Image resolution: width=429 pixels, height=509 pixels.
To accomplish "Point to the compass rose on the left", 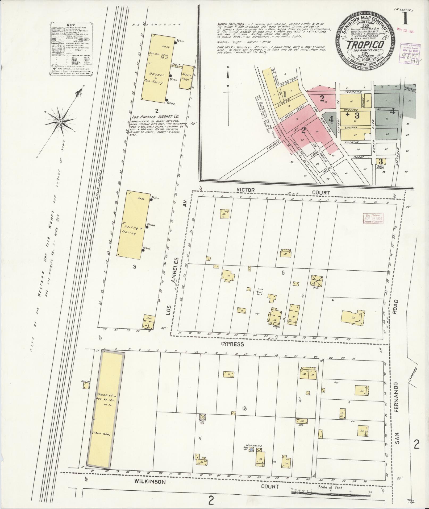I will click(61, 122).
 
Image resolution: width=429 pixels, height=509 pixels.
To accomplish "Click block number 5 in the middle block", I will click(284, 272).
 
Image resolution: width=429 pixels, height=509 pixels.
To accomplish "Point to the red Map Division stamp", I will click(372, 219).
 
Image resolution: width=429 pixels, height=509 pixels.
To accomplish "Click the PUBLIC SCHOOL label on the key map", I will click(381, 167).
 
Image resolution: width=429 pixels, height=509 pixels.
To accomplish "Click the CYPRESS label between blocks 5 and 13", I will click(233, 344).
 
